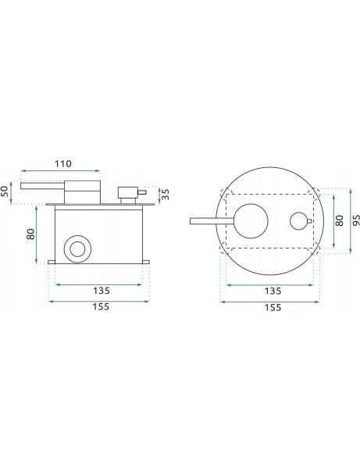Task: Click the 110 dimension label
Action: [x=63, y=164]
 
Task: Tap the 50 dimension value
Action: [x=5, y=191]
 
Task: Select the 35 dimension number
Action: [x=166, y=194]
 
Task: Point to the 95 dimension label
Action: [x=356, y=220]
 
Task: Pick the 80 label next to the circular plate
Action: [x=339, y=220]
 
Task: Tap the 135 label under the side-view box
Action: [x=102, y=291]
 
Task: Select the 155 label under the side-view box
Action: [x=101, y=307]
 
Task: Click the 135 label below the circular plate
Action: [x=273, y=291]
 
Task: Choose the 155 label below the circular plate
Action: [x=273, y=307]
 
